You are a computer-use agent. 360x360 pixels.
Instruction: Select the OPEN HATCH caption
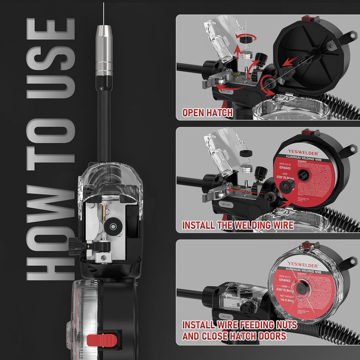(207, 112)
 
